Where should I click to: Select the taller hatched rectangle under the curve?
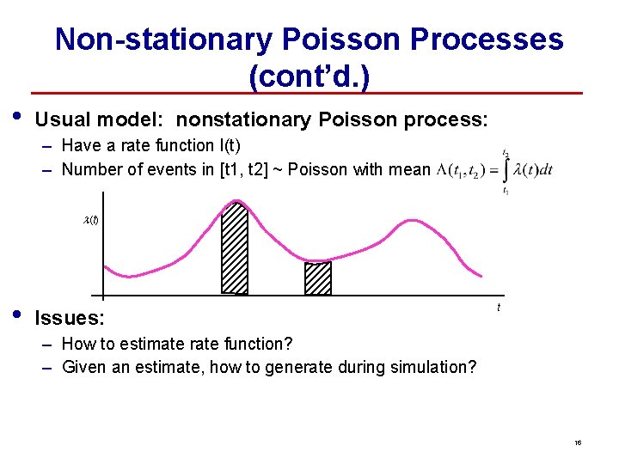pos(235,247)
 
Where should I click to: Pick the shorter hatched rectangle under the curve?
pos(318,278)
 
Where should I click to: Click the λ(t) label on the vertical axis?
pos(90,220)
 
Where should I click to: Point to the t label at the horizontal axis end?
pos(499,308)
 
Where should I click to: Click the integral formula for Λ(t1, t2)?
pos(494,170)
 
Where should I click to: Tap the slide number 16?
pos(579,443)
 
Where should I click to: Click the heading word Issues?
pos(70,319)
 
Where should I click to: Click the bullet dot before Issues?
pos(18,314)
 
